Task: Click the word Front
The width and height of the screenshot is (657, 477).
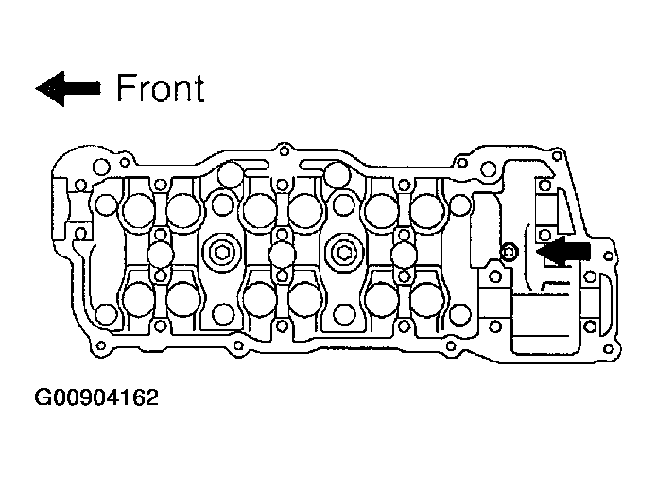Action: tap(161, 88)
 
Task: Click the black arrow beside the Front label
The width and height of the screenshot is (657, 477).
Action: tap(68, 89)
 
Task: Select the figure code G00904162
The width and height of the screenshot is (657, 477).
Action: tap(96, 397)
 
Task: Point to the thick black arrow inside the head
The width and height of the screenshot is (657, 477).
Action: tap(563, 251)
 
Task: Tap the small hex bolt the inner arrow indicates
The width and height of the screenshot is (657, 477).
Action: tap(509, 252)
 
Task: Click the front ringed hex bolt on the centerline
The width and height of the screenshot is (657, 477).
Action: tap(221, 253)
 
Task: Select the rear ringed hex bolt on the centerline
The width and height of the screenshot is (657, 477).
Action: tap(343, 253)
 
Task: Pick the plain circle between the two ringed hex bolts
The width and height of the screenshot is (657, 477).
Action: tap(283, 255)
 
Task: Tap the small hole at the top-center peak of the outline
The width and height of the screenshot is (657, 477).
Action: tap(285, 150)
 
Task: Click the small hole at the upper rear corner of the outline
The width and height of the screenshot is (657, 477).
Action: tap(557, 156)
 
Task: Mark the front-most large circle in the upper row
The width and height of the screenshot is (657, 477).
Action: tap(138, 210)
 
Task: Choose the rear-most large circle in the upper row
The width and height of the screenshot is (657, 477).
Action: tap(427, 210)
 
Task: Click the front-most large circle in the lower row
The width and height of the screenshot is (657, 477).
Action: tap(138, 299)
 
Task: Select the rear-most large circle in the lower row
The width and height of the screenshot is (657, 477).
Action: tap(427, 299)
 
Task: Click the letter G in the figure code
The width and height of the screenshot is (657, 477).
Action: tap(42, 397)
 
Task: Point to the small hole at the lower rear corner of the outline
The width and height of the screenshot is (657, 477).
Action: tap(608, 348)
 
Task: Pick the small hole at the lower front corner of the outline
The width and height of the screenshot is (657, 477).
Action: tap(100, 345)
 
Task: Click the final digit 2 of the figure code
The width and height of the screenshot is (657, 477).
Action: tap(151, 397)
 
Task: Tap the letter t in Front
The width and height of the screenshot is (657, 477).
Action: tap(199, 89)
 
